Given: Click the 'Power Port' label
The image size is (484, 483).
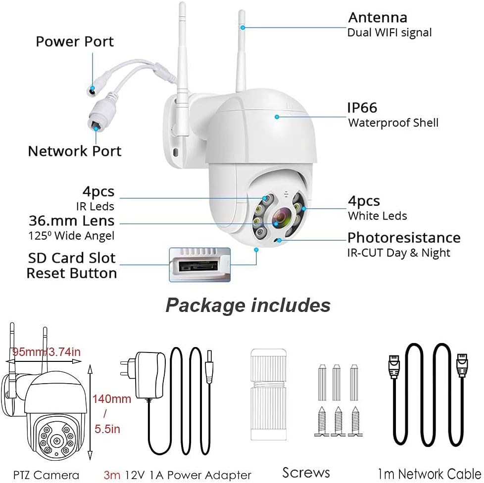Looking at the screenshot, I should pos(75,42).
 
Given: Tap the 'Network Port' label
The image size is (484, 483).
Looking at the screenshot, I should pos(74,151).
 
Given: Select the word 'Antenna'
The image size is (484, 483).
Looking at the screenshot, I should pos(378,18).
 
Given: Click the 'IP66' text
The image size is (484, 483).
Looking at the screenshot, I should pos(362,107).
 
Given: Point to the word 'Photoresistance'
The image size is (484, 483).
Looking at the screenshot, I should pos(404,238).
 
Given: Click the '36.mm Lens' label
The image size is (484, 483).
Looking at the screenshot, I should pos(71,220).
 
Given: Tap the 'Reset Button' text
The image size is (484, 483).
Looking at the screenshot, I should pos(72,273).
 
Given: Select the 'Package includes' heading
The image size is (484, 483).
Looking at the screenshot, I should pos(247,305).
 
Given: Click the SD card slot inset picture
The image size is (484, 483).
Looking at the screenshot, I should pos(199,264).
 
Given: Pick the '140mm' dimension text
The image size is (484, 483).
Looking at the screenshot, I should pos(112,399).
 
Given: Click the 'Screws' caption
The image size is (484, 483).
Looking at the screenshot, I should pos(306,472).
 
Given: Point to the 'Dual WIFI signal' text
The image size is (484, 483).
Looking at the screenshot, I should pos(389,33).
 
